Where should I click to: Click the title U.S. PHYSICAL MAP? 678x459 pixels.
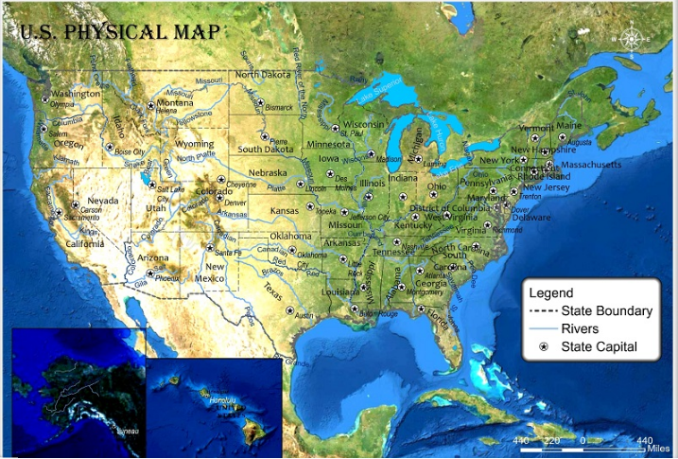(x=120, y=31)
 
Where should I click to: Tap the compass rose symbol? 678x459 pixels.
(x=632, y=39)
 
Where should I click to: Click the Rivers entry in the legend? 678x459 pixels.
(x=579, y=328)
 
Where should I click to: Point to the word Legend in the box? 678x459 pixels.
(x=550, y=292)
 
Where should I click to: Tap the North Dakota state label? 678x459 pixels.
(x=263, y=75)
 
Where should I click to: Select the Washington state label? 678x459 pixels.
(x=76, y=94)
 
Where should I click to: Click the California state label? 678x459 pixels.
(x=84, y=243)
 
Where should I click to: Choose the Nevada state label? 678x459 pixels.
(x=103, y=202)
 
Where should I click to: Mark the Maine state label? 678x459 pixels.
(x=569, y=125)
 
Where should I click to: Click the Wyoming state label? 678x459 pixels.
(x=195, y=144)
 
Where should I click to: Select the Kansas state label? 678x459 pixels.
(x=285, y=210)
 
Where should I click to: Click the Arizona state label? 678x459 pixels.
(x=152, y=257)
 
